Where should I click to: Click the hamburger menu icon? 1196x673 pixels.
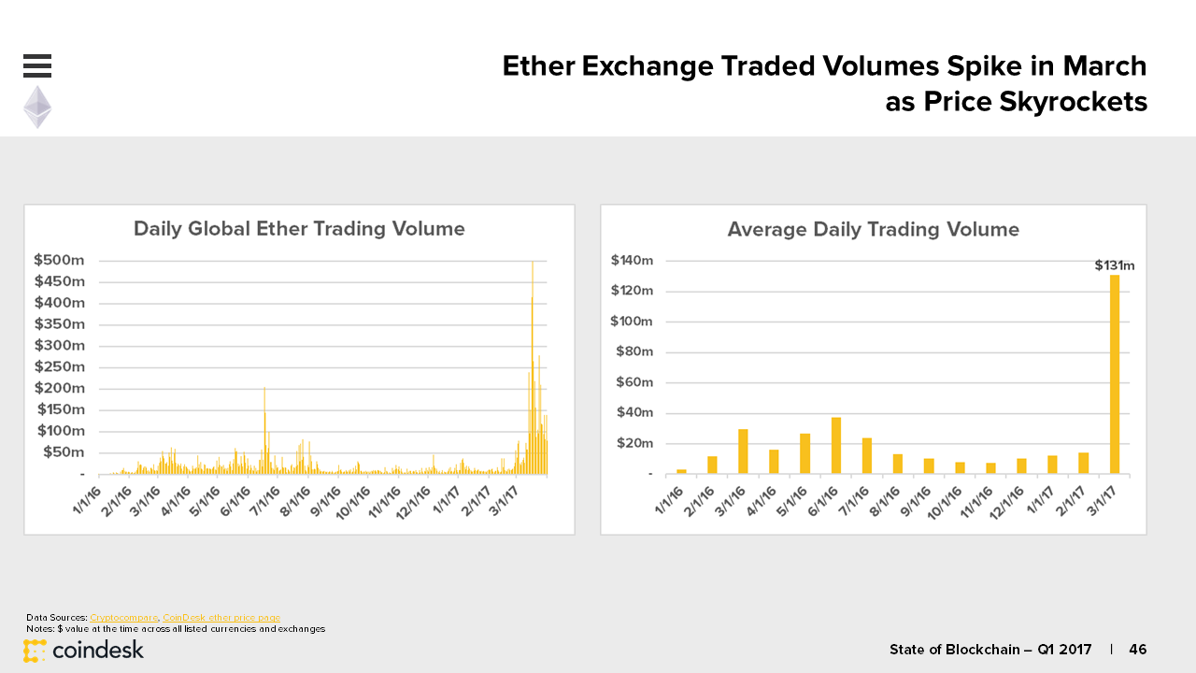coord(37,65)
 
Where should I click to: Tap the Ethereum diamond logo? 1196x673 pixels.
coord(37,107)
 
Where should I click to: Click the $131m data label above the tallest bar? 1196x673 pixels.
coord(1115,265)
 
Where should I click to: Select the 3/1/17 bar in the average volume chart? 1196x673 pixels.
coord(1115,375)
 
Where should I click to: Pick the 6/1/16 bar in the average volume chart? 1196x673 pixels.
coord(836,446)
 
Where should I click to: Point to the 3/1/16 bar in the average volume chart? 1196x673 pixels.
coord(743,451)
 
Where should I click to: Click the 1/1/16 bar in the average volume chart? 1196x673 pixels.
coord(681,472)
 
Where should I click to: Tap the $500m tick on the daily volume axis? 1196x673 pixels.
coord(59,260)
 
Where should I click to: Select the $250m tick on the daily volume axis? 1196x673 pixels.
coord(59,367)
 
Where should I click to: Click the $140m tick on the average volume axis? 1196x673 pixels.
coord(632,261)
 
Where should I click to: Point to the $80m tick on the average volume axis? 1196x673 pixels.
coord(634,351)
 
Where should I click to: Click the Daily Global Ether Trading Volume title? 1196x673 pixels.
coord(299,229)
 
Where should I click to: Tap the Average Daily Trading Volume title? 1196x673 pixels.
coord(873,230)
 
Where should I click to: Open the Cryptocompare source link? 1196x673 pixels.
coord(124,618)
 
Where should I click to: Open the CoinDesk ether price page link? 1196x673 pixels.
coord(221,618)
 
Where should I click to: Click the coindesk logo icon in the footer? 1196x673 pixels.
coord(35,651)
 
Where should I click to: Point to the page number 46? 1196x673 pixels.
coord(1138,650)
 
